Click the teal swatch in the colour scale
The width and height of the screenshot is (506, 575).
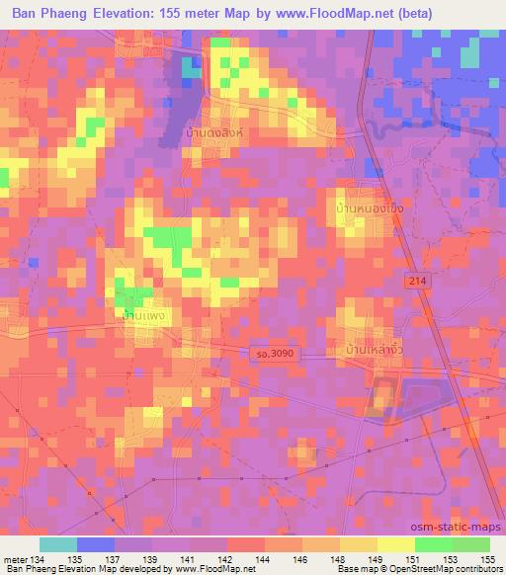[58, 544]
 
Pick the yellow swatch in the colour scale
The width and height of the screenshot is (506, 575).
[396, 544]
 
